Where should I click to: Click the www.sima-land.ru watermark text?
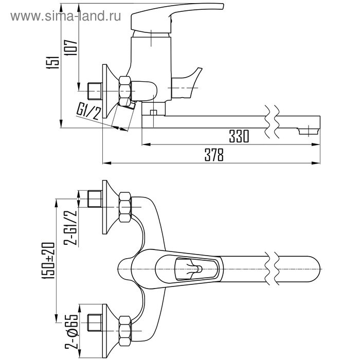(x=66, y=16)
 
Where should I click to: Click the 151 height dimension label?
(x=53, y=62)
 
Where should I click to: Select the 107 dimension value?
(x=71, y=47)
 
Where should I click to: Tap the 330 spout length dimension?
(x=239, y=136)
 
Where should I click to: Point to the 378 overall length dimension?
(x=214, y=155)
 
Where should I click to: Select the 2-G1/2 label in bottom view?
(x=70, y=227)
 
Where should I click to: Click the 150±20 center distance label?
(x=48, y=260)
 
